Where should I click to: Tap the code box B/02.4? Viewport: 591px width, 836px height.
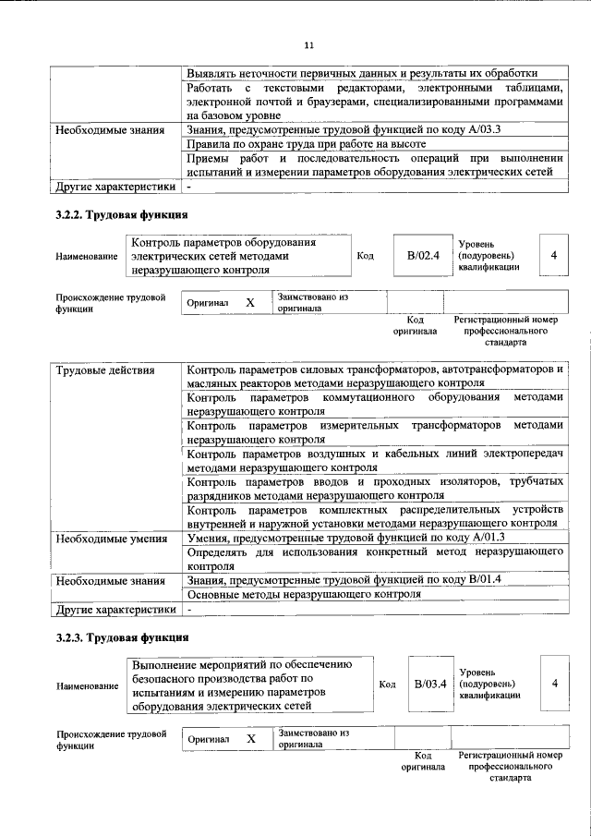(423, 255)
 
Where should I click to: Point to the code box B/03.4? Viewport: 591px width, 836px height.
(429, 684)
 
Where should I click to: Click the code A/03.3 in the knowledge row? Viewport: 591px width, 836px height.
(479, 129)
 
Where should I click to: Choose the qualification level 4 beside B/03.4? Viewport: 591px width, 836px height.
(554, 684)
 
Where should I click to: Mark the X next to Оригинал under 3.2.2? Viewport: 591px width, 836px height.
(249, 303)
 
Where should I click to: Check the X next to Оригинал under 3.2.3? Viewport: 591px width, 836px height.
(250, 740)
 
